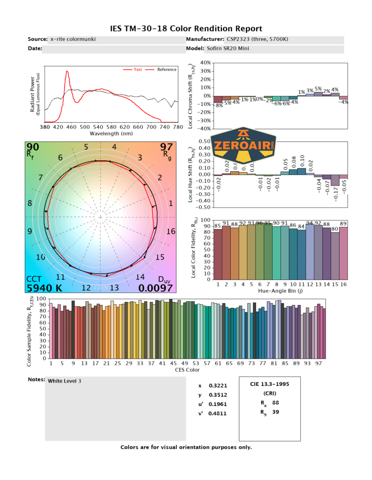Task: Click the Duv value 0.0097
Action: [157, 288]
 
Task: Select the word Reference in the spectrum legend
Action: [167, 70]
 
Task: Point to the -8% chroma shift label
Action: [219, 105]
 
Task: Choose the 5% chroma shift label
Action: [318, 89]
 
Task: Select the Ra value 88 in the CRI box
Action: [276, 403]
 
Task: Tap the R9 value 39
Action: [276, 412]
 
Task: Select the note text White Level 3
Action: [65, 381]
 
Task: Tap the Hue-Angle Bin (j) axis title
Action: [280, 291]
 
